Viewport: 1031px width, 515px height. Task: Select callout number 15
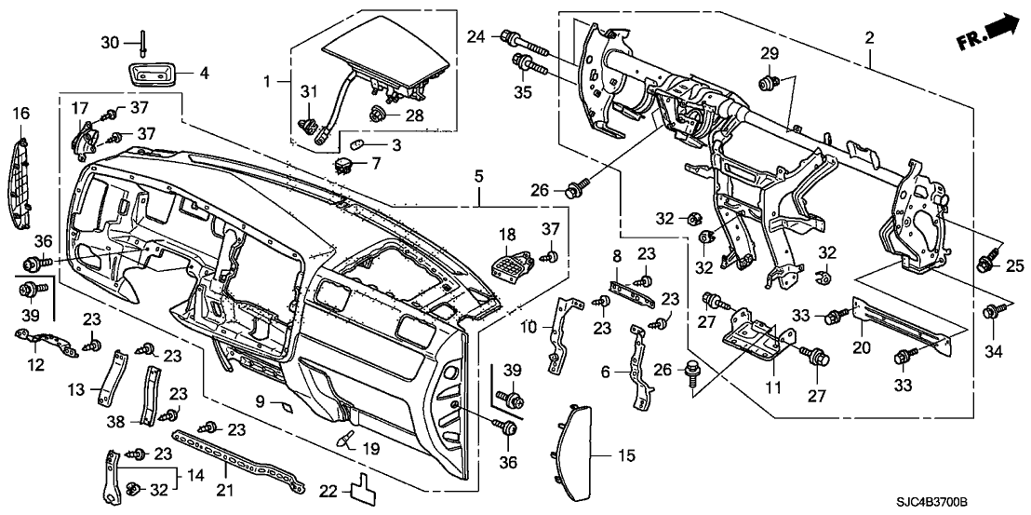tap(599, 455)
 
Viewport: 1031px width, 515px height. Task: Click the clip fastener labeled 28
tap(379, 116)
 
